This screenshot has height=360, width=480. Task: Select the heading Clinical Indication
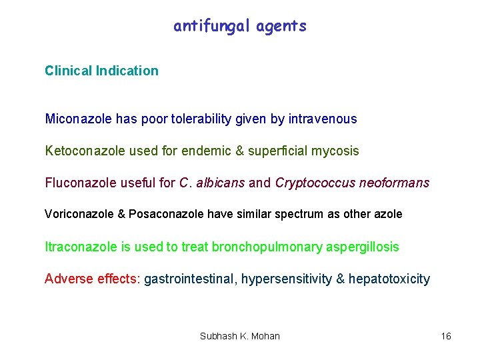[x=101, y=71]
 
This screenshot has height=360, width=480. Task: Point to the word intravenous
[x=323, y=119]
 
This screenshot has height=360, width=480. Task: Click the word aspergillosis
[x=363, y=247]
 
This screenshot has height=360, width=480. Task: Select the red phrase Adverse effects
[x=92, y=279]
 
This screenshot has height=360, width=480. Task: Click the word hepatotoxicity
[x=389, y=279]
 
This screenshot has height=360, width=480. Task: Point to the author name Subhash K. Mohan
[x=240, y=336]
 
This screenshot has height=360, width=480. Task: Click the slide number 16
[x=446, y=336]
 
